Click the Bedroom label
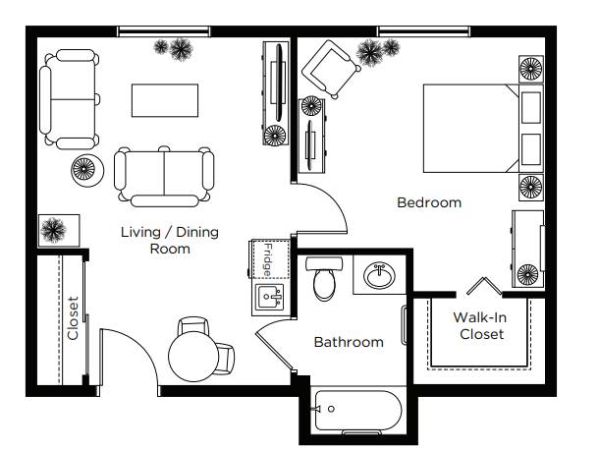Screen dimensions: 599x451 (x=429, y=202)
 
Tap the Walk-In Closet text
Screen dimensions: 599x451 (x=481, y=325)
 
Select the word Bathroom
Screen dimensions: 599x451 (x=349, y=342)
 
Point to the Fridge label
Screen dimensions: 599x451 (x=268, y=260)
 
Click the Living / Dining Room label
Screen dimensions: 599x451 (x=170, y=240)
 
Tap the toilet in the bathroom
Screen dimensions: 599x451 (x=324, y=278)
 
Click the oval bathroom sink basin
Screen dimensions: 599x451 (x=379, y=275)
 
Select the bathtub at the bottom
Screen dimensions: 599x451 (x=358, y=411)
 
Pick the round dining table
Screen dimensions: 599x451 (x=193, y=357)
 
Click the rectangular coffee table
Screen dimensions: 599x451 (x=165, y=100)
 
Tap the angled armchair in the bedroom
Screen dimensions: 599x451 (x=331, y=69)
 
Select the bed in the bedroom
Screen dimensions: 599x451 (x=483, y=129)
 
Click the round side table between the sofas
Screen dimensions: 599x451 (x=87, y=170)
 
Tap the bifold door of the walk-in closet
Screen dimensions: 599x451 (x=484, y=286)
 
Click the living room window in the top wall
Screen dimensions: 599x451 (x=164, y=31)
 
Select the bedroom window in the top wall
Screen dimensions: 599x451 (x=423, y=31)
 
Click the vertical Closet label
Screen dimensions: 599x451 (x=73, y=318)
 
